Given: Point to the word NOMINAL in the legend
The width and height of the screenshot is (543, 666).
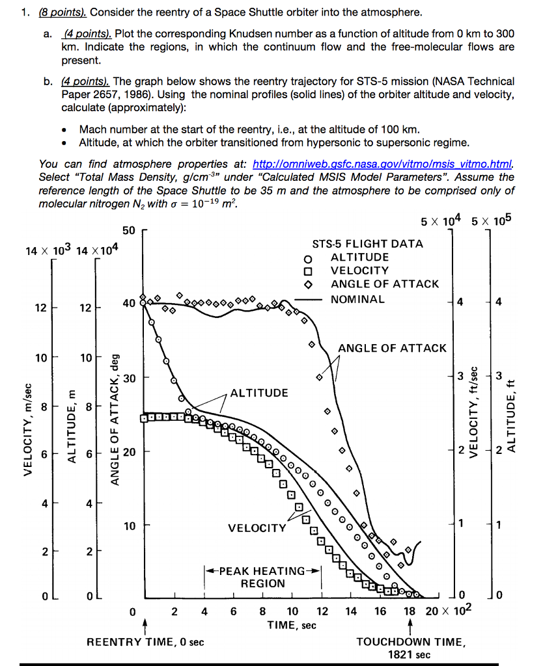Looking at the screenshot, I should coord(357,299).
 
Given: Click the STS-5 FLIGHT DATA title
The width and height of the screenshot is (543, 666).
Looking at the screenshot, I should coord(367,244).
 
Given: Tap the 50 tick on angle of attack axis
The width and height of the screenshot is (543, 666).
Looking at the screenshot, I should coord(128,231).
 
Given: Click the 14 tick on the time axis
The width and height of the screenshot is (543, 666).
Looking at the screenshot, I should coord(351,611).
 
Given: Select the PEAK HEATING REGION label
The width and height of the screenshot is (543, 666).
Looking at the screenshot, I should coord(263,577).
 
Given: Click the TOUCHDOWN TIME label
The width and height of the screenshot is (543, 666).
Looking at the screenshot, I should coord(410,642).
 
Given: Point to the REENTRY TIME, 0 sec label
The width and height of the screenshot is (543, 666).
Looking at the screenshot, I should coord(145,642).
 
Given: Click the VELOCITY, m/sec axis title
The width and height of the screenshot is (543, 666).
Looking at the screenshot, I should coord(27,429).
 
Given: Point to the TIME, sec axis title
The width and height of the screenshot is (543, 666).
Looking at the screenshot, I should coord(292,625).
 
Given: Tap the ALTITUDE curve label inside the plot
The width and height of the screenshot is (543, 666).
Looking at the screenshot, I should coord(258,393).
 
